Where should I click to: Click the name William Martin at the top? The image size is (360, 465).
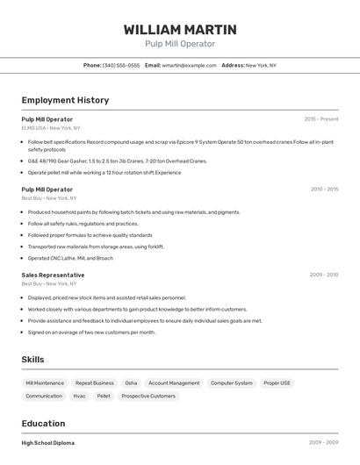click(x=180, y=30)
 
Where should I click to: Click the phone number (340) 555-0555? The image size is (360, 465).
click(x=120, y=65)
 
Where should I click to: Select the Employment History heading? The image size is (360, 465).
click(x=65, y=100)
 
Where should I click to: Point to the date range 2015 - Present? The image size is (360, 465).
click(x=320, y=118)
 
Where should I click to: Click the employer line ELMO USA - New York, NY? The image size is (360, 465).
click(x=51, y=128)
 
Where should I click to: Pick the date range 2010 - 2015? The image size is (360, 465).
click(x=324, y=189)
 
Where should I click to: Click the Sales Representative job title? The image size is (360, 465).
click(x=53, y=275)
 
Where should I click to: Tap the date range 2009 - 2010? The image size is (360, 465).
click(x=324, y=275)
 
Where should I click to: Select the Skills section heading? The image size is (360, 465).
click(x=32, y=360)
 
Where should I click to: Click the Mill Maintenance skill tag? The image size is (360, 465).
click(x=45, y=383)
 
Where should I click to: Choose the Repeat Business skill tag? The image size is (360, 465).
click(x=95, y=383)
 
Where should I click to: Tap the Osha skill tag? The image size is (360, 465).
click(x=131, y=383)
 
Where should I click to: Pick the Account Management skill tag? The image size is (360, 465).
click(x=174, y=383)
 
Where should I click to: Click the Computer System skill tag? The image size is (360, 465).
click(x=232, y=383)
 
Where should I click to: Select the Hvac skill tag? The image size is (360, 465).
click(x=80, y=397)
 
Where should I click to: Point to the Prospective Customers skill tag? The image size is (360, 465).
click(x=148, y=397)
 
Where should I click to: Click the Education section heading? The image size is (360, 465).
click(x=43, y=424)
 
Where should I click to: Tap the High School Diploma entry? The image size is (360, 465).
click(x=48, y=444)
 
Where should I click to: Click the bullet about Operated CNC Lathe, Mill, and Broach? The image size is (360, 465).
click(x=70, y=258)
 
